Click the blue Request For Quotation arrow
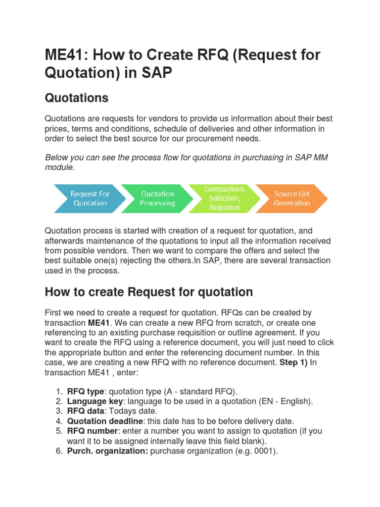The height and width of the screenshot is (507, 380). (x=89, y=199)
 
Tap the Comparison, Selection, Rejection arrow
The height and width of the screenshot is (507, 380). (x=225, y=199)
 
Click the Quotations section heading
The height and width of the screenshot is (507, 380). (x=76, y=98)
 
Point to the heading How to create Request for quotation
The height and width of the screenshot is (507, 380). (x=148, y=292)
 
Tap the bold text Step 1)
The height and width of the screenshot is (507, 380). (x=294, y=362)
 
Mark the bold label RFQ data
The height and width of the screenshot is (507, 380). (x=86, y=411)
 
